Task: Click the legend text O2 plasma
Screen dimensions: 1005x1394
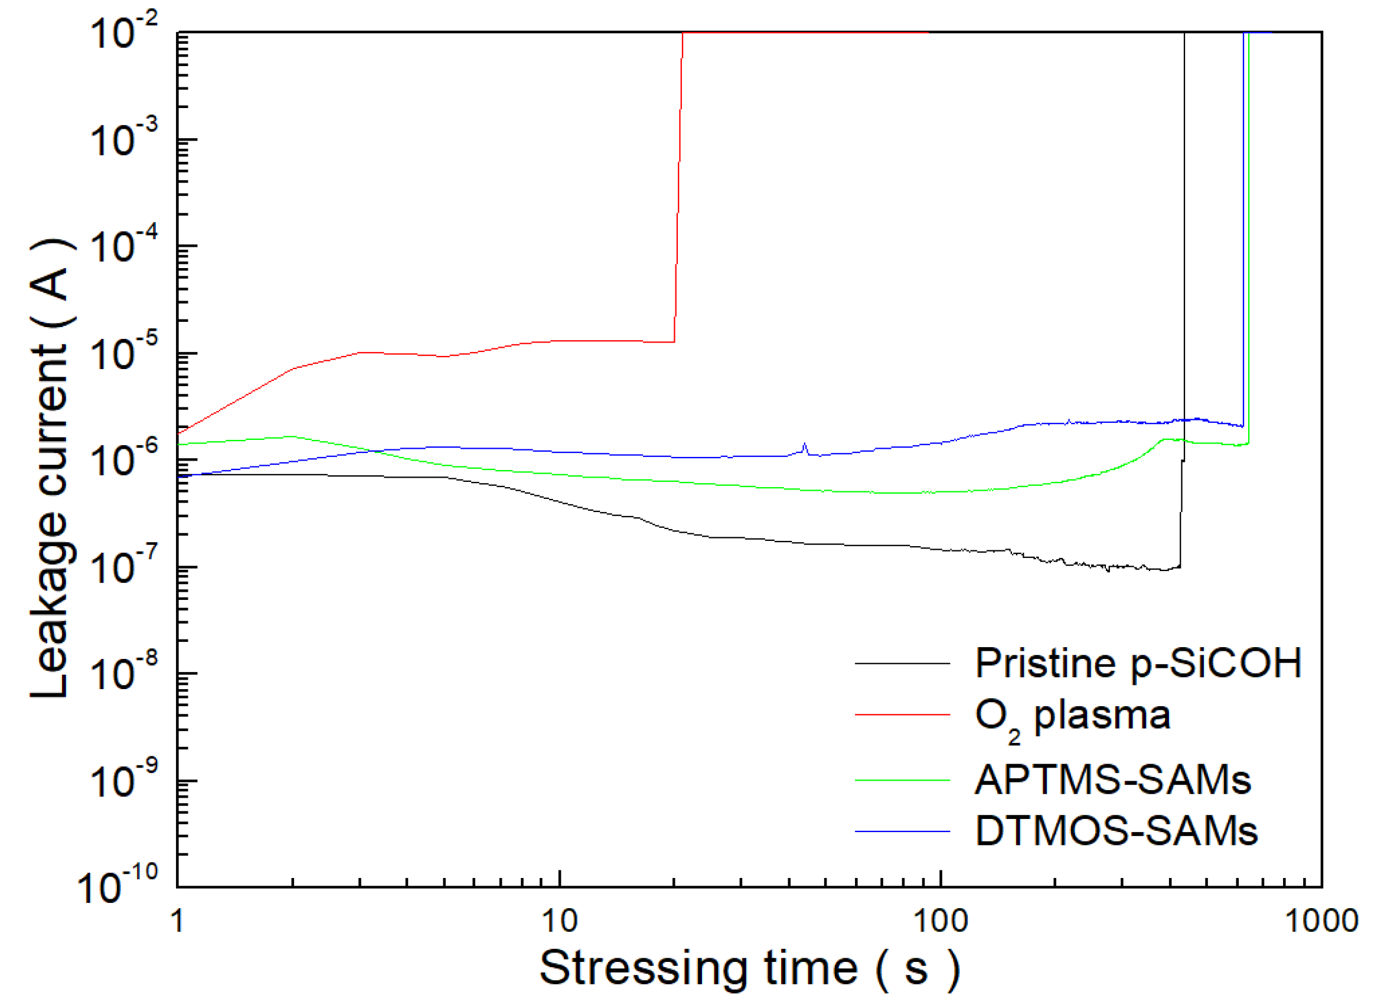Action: [x=1073, y=717]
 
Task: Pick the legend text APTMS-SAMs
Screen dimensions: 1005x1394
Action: [x=1112, y=780]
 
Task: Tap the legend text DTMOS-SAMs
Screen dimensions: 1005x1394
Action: [x=1116, y=831]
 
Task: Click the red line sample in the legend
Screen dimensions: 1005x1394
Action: [x=902, y=715]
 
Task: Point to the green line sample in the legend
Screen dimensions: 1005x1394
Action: [x=902, y=781]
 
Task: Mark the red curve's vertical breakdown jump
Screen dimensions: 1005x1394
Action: [x=678, y=184]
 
